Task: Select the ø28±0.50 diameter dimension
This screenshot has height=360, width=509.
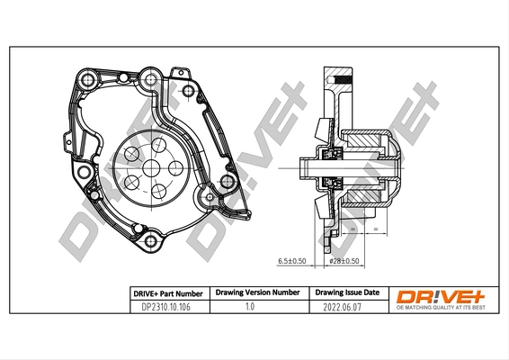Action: pos(344,261)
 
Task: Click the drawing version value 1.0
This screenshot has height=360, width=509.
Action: pos(255,307)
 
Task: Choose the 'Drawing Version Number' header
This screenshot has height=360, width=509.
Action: pos(255,292)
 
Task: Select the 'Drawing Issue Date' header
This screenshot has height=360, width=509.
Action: pos(347,292)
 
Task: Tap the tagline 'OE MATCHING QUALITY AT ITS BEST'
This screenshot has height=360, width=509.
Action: pos(441,309)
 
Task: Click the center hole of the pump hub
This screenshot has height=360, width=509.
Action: pos(149,166)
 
